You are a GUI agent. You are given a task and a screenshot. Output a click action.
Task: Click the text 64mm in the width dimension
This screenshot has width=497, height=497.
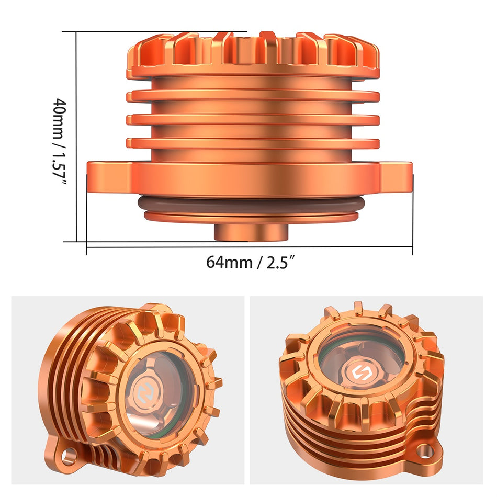(229, 262)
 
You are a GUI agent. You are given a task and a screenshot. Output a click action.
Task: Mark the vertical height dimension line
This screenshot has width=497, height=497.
(77, 136)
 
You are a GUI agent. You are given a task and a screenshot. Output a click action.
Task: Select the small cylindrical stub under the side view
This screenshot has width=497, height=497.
(251, 232)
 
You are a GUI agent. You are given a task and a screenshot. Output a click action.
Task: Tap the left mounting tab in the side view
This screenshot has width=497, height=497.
(105, 177)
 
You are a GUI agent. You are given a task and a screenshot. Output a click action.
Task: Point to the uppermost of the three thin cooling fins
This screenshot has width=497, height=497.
(253, 96)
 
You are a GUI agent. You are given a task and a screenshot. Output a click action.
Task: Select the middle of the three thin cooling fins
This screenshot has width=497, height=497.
(253, 119)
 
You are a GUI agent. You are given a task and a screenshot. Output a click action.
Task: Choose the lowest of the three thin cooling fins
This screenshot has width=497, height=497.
(253, 143)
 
